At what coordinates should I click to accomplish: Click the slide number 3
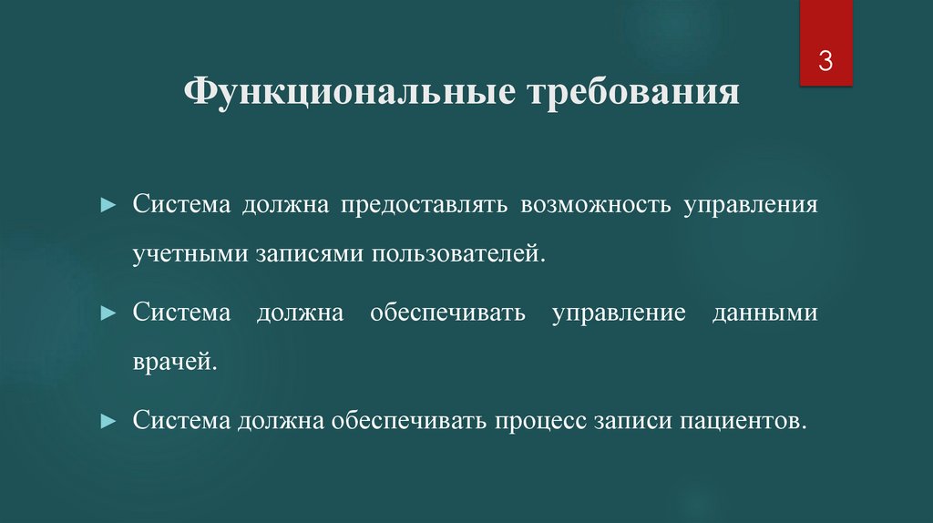click(825, 62)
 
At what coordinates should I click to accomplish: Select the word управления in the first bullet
click(745, 203)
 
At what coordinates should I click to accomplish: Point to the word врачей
click(175, 362)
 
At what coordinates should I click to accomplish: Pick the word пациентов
click(748, 422)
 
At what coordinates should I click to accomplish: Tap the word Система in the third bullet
click(180, 422)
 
